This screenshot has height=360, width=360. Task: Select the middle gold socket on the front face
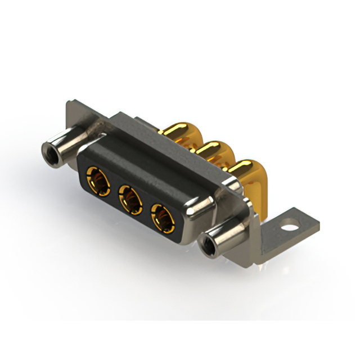click(130, 198)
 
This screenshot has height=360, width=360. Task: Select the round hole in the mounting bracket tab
click(290, 229)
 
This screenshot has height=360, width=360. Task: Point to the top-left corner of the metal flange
click(69, 103)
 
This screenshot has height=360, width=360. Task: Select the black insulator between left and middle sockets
click(114, 190)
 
